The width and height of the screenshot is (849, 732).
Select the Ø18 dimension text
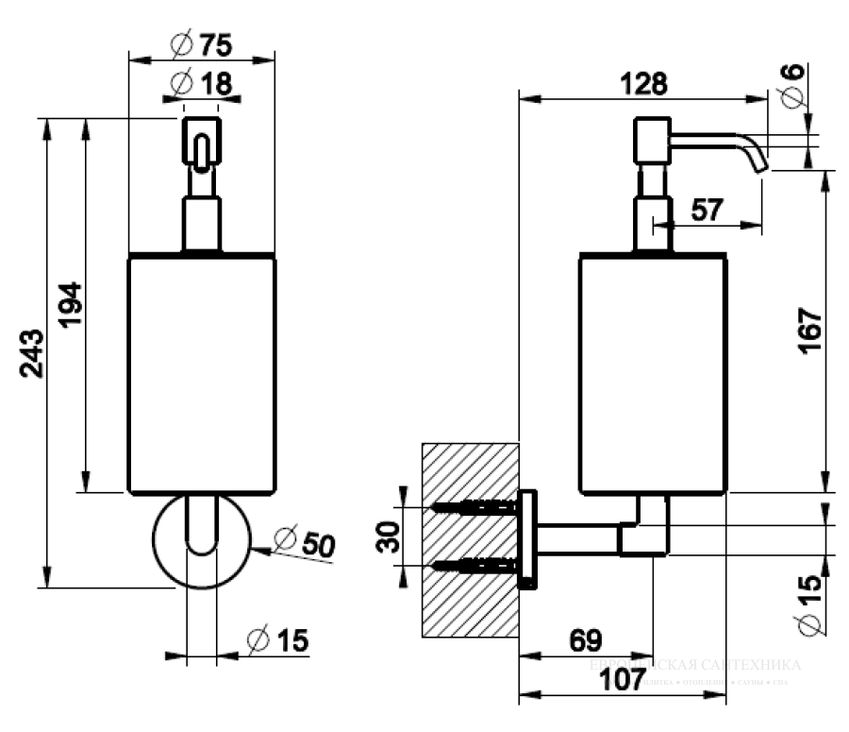pos(202,83)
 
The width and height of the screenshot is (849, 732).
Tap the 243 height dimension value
pos(32,352)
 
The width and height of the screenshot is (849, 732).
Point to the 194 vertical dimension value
pos(71,304)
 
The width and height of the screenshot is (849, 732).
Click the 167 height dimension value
pos(810,328)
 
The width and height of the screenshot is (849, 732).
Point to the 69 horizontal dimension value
pos(586,640)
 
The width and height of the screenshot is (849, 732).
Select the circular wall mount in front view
pos(201,540)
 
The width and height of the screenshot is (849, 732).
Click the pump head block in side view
pos(651,140)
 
